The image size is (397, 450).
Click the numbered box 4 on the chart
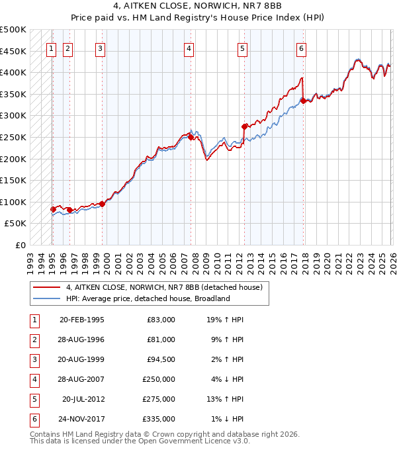pyautogui.click(x=189, y=48)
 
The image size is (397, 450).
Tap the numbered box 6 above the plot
pyautogui.click(x=301, y=48)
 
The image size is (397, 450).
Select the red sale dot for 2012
pyautogui.click(x=244, y=126)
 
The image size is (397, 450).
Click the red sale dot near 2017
pyautogui.click(x=304, y=101)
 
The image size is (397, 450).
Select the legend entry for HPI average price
pyautogui.click(x=147, y=298)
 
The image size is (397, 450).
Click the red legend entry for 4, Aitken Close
pyautogui.click(x=164, y=287)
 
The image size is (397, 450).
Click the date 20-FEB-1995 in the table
pyautogui.click(x=82, y=320)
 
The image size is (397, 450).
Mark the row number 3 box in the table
pyautogui.click(x=34, y=359)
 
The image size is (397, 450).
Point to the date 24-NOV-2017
pyautogui.click(x=82, y=419)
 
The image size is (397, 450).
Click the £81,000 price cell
pyautogui.click(x=161, y=339)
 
